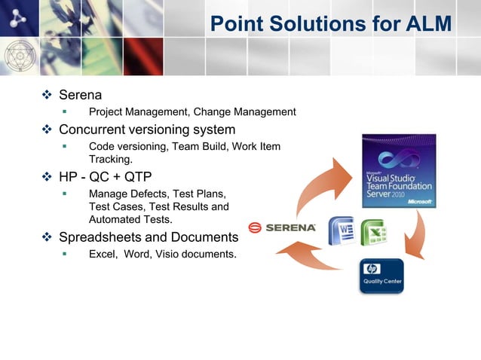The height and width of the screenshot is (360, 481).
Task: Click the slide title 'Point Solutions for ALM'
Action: click(330, 24)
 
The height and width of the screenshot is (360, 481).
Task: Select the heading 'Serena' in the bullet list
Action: click(80, 96)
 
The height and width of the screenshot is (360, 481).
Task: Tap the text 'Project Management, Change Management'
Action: click(192, 112)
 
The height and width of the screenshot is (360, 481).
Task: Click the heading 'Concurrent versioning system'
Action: click(147, 130)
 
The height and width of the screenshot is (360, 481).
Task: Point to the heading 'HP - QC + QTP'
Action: click(105, 178)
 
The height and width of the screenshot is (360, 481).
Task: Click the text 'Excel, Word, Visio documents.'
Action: click(162, 254)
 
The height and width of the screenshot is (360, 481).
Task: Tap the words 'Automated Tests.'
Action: click(130, 220)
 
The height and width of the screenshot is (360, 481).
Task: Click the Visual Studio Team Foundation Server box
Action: click(399, 171)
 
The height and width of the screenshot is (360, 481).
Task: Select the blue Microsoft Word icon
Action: click(342, 230)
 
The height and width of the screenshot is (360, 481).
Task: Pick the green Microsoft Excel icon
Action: click(373, 232)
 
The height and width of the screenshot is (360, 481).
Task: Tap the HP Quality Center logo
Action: click(381, 276)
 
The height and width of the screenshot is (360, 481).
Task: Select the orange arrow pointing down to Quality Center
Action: click(415, 236)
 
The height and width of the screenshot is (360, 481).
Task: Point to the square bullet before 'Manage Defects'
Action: click(65, 194)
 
